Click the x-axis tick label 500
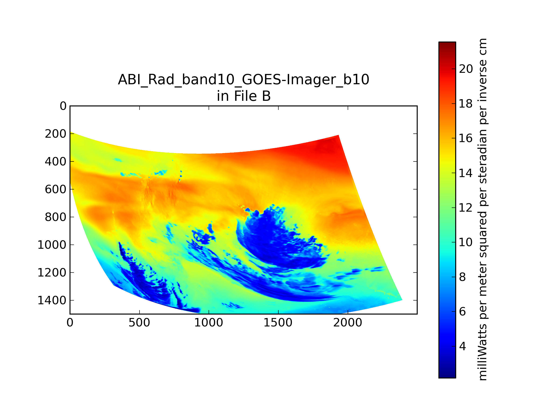(139, 323)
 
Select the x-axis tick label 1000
(209, 323)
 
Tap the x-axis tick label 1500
(278, 323)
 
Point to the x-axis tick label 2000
(348, 323)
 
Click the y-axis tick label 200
(56, 134)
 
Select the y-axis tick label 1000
(52, 245)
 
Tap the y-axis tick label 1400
(52, 301)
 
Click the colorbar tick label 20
(466, 69)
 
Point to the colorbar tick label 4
(462, 346)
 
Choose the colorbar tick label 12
(466, 208)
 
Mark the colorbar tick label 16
(466, 138)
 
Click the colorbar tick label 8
(462, 277)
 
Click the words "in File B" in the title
(244, 96)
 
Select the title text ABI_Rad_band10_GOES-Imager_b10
(244, 80)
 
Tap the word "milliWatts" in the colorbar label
(482, 352)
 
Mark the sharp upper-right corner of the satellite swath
(338, 135)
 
